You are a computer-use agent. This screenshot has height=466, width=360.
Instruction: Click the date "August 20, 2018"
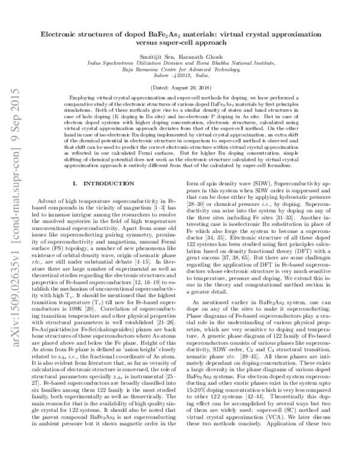point(187,88)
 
